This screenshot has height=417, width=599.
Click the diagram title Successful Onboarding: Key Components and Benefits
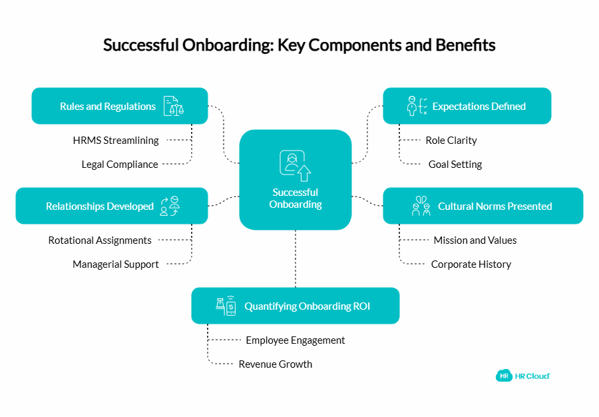(299, 45)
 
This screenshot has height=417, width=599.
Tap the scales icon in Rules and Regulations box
(174, 106)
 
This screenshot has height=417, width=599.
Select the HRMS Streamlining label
(116, 141)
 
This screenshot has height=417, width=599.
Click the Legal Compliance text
(120, 165)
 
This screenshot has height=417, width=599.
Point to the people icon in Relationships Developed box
(170, 207)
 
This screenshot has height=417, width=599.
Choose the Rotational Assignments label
(100, 240)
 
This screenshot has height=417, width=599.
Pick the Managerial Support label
(116, 264)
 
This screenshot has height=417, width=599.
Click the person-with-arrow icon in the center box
(296, 166)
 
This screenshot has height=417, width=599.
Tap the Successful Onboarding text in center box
(296, 199)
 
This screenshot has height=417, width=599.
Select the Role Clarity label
(451, 141)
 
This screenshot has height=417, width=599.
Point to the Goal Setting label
(455, 165)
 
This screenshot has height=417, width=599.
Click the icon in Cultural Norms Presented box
(421, 207)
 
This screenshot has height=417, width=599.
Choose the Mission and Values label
(475, 240)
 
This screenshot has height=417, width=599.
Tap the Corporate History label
(471, 264)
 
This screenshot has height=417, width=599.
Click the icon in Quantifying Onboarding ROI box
(226, 306)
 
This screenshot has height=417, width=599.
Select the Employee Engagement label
(296, 340)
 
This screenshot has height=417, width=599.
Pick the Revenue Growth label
(276, 364)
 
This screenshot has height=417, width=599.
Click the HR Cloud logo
(523, 376)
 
